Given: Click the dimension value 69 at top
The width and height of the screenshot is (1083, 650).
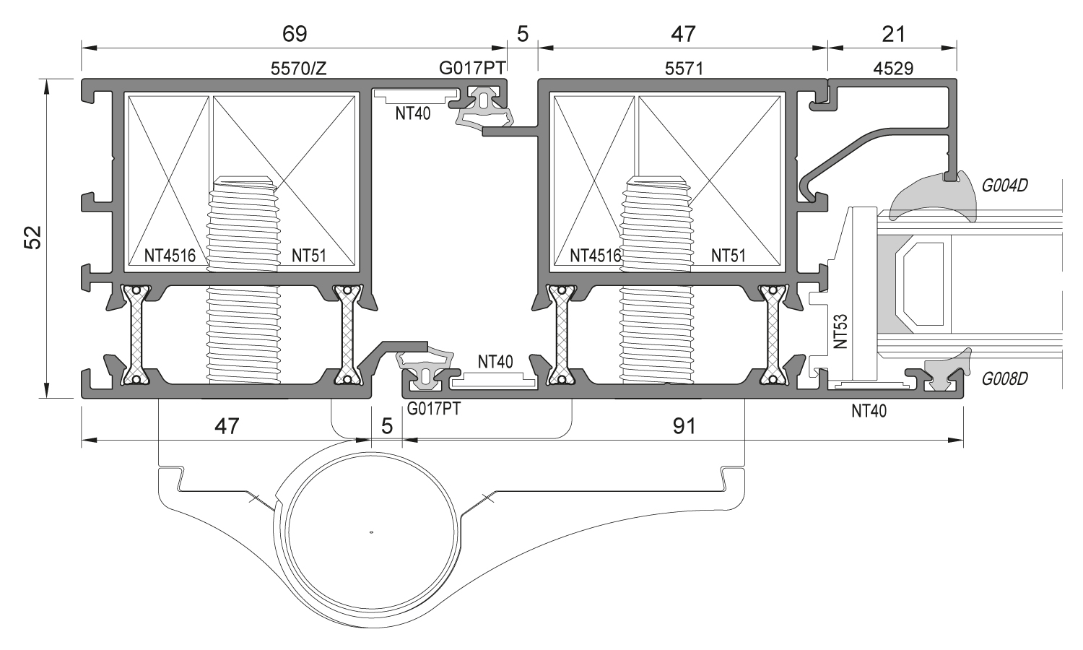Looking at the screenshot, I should pyautogui.click(x=295, y=33).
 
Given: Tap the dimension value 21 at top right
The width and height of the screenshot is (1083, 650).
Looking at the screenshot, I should pyautogui.click(x=893, y=33).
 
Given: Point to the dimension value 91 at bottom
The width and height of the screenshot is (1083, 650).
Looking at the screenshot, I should pyautogui.click(x=683, y=426).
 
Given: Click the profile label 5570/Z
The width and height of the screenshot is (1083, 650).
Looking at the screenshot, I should pyautogui.click(x=298, y=69).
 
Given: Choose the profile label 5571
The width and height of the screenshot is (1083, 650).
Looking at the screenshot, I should pyautogui.click(x=683, y=69).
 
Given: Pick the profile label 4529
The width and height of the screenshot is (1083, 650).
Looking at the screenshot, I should pyautogui.click(x=893, y=69).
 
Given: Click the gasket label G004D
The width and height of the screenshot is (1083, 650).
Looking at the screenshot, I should pyautogui.click(x=1004, y=185).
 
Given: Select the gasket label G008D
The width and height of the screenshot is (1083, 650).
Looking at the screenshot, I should pyautogui.click(x=1004, y=378).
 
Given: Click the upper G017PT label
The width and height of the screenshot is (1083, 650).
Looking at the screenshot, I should pyautogui.click(x=471, y=69).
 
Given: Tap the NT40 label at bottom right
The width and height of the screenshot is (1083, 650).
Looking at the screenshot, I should pyautogui.click(x=869, y=411).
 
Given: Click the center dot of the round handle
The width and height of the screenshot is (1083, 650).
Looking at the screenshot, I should pyautogui.click(x=371, y=533).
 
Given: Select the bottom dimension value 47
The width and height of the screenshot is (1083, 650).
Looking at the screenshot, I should pyautogui.click(x=227, y=426).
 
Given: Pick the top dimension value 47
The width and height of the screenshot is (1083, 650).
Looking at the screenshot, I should pyautogui.click(x=683, y=33).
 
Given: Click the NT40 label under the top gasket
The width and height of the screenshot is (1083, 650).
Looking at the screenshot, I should pyautogui.click(x=413, y=113).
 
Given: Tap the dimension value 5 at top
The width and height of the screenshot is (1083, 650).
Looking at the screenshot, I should pyautogui.click(x=523, y=33).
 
